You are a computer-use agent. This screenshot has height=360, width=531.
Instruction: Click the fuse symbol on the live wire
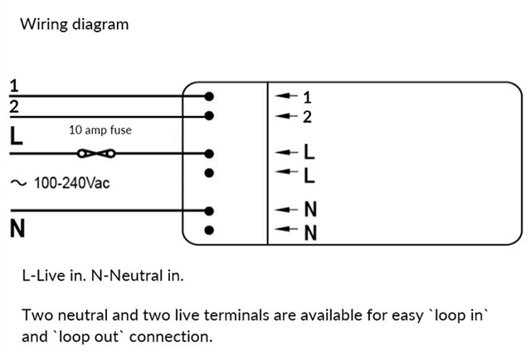96,153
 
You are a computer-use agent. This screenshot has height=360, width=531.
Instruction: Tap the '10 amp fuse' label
100,130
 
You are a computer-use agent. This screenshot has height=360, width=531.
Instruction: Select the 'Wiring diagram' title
75,24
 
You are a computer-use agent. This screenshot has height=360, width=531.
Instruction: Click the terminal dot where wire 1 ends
209,96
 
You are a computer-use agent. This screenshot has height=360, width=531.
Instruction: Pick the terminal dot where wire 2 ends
209,116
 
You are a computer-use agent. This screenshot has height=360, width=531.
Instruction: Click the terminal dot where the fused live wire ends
209,153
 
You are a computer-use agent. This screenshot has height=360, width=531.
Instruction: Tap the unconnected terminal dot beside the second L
209,173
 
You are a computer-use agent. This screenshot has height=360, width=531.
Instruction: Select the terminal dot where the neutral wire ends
209,211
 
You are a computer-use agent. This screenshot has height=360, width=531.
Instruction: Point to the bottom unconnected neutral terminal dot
209,231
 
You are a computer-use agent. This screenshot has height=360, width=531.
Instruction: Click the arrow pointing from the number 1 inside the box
286,96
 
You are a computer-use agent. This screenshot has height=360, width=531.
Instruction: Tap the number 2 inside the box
307,117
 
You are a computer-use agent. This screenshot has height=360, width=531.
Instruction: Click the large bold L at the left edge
17,136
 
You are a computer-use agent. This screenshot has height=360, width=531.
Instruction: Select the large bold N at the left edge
17,228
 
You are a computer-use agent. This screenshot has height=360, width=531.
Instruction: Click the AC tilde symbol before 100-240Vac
18,183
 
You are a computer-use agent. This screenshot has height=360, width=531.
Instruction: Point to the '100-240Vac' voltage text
72,182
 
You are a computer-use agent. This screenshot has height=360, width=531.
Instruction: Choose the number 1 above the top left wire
14,85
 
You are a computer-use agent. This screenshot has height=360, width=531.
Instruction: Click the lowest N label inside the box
310,233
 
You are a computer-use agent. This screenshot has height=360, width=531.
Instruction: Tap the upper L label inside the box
309,152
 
